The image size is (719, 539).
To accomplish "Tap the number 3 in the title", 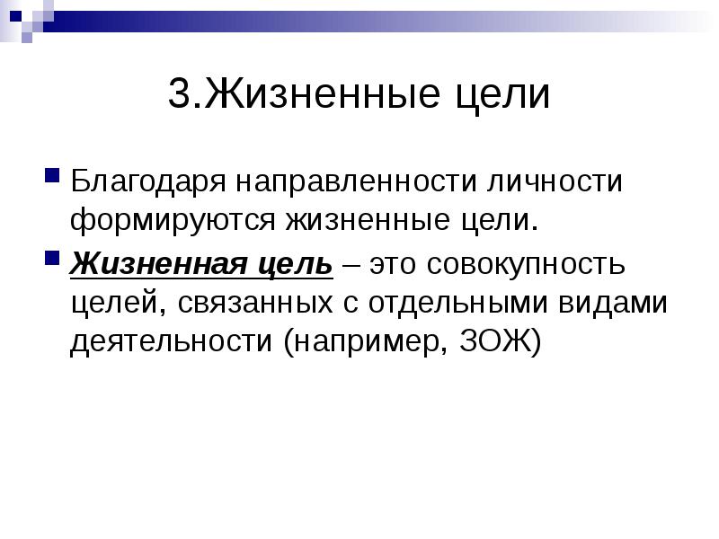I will pyautogui.click(x=179, y=96).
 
